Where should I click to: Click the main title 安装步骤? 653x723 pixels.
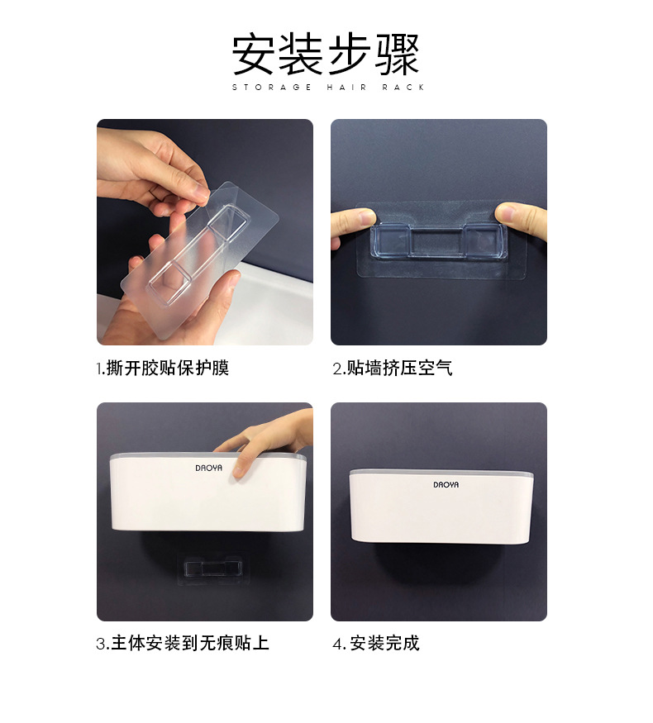[326, 54]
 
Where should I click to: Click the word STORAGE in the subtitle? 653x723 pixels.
[272, 87]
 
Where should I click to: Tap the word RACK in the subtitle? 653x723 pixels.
[403, 87]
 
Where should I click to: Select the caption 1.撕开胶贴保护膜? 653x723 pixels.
[162, 369]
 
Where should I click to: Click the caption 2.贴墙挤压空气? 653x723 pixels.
[393, 369]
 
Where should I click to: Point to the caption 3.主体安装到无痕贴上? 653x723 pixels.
[183, 643]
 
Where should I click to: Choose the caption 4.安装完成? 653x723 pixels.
[376, 643]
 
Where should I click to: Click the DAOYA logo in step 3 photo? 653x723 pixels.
[208, 468]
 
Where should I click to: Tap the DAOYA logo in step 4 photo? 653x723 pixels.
[446, 484]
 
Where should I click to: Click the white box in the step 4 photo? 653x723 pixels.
[441, 507]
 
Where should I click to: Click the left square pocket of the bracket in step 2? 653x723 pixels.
[391, 240]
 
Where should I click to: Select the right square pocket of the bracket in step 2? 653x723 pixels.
[484, 240]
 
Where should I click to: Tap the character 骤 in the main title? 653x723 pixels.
[398, 54]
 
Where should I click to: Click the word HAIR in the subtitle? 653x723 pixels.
[347, 87]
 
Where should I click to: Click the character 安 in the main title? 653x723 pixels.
[254, 54]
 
